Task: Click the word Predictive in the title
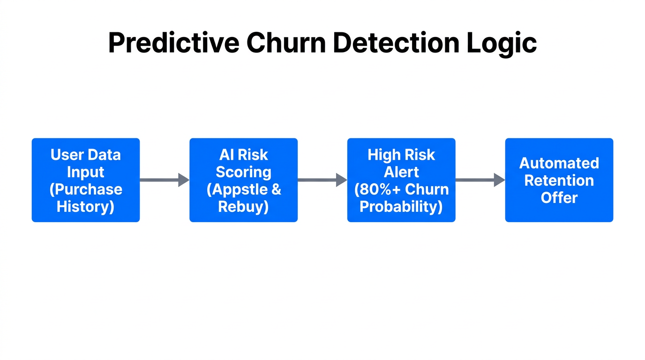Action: point(174,43)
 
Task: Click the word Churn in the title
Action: point(286,43)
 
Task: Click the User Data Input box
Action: point(86,180)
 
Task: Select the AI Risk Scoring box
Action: point(243,180)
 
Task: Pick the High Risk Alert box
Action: point(401,180)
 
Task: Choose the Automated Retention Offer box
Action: point(559,180)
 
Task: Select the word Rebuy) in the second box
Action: point(243,207)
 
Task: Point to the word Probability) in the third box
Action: point(401,207)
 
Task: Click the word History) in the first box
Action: point(86,207)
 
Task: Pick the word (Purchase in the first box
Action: point(86,189)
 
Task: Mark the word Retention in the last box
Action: point(559,180)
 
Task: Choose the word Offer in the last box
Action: point(559,198)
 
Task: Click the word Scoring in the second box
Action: point(243,172)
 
